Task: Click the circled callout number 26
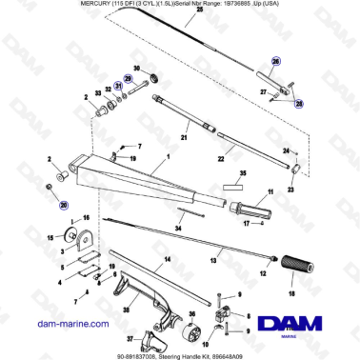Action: click(x=275, y=61)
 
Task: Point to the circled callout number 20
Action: click(x=64, y=204)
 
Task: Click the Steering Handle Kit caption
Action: click(x=229, y=353)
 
